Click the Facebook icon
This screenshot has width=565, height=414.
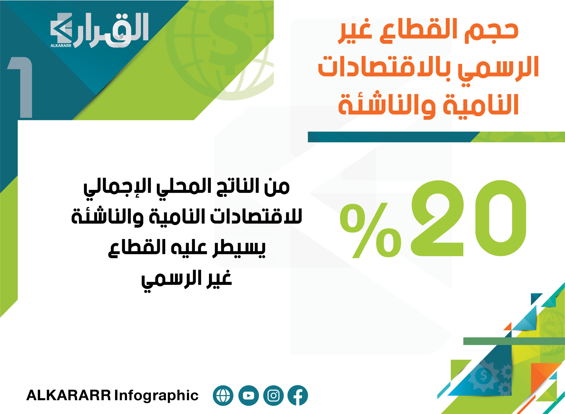(x=298, y=395)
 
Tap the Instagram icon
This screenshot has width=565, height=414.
(x=273, y=395)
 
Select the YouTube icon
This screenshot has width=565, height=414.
(x=249, y=395)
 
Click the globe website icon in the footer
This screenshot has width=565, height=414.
(x=223, y=395)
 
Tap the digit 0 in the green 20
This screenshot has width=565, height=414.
(x=501, y=218)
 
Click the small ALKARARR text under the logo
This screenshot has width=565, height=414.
(x=61, y=46)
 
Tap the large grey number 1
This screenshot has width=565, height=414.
(x=20, y=87)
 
